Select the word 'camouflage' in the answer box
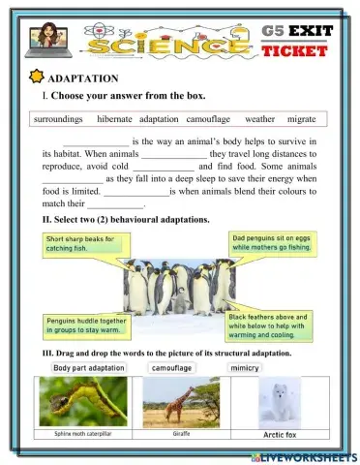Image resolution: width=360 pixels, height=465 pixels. [207, 119]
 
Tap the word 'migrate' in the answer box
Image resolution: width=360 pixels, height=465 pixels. [303, 119]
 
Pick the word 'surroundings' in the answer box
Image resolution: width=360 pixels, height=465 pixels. [61, 119]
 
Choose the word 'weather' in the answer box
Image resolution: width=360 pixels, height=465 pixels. [258, 119]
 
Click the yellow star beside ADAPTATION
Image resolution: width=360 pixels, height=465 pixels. [38, 77]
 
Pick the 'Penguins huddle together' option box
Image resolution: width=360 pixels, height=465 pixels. [87, 325]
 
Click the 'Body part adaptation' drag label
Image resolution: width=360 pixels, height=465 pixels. [89, 368]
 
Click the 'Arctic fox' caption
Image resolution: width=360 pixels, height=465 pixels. [280, 434]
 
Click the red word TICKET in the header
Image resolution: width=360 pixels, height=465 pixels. [295, 49]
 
